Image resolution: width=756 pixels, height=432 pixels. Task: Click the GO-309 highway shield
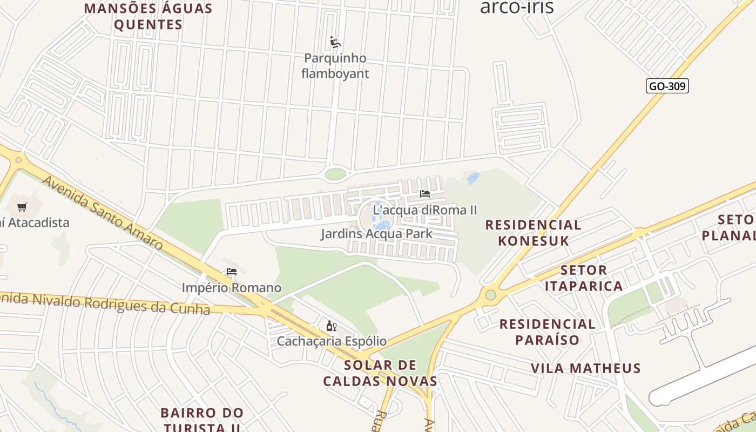pos(667,86)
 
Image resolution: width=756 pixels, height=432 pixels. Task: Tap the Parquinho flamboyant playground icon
pos(335,42)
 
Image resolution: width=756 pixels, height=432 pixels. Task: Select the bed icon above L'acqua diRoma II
pos(425,194)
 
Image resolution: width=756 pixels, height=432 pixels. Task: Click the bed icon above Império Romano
pos(232,272)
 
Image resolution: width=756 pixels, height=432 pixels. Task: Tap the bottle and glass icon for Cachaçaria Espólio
pos(332,326)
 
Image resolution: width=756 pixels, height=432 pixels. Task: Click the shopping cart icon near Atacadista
pos(22,207)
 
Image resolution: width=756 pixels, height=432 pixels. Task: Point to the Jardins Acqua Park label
pos(376,234)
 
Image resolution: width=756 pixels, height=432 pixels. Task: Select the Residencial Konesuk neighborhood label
pos(533,233)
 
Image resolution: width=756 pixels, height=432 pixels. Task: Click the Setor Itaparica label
pos(584,278)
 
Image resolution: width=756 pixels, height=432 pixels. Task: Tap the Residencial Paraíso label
pos(547,332)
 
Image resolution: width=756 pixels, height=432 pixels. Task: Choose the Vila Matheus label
pos(586,368)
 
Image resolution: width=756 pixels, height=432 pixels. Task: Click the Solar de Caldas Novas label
pos(380,373)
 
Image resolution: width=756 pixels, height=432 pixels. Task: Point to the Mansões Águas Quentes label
pos(148,16)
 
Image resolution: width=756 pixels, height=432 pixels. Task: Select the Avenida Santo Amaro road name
pos(102,212)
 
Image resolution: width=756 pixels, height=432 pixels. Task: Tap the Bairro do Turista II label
pos(202,420)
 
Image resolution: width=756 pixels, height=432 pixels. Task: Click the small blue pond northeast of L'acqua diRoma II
pos(473,178)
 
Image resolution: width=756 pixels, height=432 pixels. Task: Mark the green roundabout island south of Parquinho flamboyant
pos(335,174)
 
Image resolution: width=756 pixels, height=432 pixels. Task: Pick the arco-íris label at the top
pos(517,8)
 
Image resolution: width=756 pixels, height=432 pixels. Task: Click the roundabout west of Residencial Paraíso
pos(490,295)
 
